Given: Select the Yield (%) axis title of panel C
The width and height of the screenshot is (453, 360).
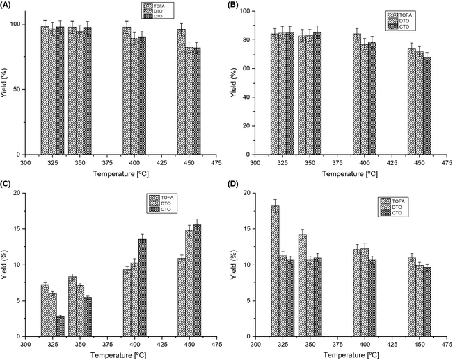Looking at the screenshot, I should pos(6,265).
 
